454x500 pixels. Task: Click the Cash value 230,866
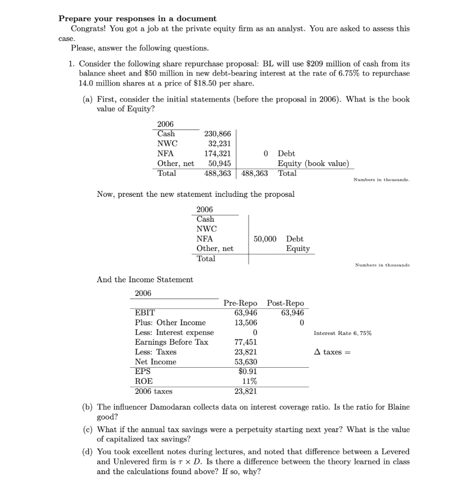217,134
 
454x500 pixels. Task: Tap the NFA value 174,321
217,153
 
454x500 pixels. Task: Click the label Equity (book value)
313,163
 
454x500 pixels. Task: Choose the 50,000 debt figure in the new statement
265,239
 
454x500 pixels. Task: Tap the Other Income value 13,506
246,323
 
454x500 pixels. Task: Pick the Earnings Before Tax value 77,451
246,342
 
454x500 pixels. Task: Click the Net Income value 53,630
246,362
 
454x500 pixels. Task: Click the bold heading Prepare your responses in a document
137,19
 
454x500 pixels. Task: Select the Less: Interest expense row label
174,333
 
